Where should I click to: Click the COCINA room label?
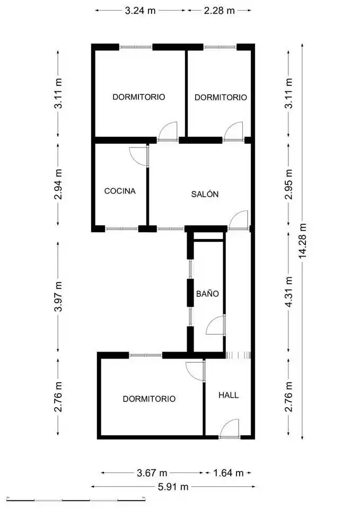coord(120,191)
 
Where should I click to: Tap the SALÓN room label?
coord(205,194)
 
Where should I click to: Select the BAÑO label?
coord(207,293)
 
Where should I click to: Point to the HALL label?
coord(229,395)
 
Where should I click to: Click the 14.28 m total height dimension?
coord(303,241)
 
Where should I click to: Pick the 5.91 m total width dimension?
coord(173,487)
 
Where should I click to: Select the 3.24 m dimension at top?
coord(140,11)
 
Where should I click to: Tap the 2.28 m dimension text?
coord(219,11)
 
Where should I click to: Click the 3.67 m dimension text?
coord(152,472)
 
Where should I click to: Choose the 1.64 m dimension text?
coord(228,472)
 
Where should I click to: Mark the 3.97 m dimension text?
coord(58,296)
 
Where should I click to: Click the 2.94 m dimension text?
coord(58,185)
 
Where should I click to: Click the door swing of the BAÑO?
coord(215,325)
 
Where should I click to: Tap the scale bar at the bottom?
coord(76,498)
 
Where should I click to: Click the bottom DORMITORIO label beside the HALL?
coord(149,399)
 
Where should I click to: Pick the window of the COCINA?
coord(122,229)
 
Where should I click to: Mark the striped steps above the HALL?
coord(238,355)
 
